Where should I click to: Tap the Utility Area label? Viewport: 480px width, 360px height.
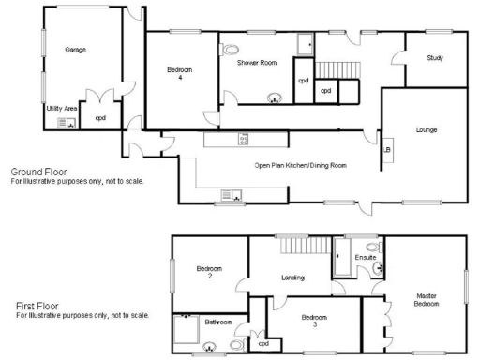(x=62, y=108)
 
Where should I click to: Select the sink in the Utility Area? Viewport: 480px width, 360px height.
(x=65, y=123)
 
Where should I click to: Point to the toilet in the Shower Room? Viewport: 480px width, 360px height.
(x=230, y=50)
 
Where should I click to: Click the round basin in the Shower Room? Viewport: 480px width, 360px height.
(x=275, y=96)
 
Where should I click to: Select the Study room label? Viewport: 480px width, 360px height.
(x=434, y=58)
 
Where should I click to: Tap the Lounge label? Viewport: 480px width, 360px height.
(x=427, y=129)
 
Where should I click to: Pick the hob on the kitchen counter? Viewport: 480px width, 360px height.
(x=244, y=140)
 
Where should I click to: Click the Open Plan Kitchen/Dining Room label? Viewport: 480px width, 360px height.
(x=300, y=165)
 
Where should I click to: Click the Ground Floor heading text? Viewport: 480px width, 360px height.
(x=38, y=172)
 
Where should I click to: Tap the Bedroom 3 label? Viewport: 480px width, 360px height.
(x=314, y=321)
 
